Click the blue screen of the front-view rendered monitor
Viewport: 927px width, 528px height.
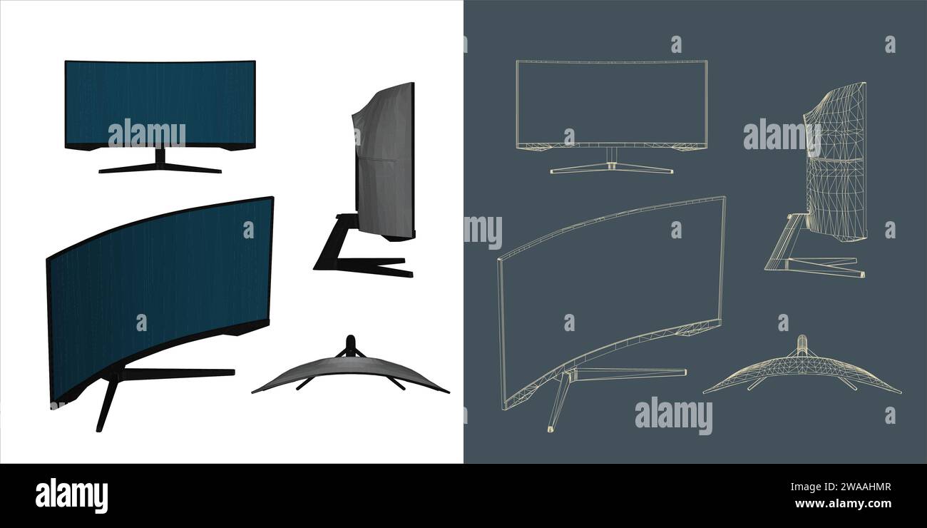click(160, 93)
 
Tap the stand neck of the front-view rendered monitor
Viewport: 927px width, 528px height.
click(160, 156)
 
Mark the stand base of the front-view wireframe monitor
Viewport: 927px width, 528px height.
click(611, 169)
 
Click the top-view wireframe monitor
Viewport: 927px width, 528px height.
click(801, 374)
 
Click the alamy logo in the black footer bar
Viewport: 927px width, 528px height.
click(71, 496)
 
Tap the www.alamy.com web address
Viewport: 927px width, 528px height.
click(842, 504)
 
